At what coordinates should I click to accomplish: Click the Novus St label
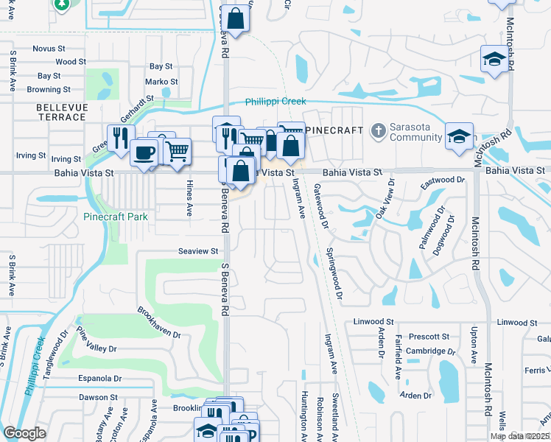click(49, 49)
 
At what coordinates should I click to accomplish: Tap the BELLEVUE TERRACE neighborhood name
click(61, 112)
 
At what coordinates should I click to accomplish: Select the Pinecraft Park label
click(116, 217)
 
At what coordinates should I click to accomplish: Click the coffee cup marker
click(144, 152)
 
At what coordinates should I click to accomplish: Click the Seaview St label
click(198, 251)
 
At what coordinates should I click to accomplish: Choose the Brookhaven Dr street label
click(158, 322)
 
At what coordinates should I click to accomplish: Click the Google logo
click(24, 433)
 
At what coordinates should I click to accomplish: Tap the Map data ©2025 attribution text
click(519, 436)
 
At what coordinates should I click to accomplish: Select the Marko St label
click(161, 82)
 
